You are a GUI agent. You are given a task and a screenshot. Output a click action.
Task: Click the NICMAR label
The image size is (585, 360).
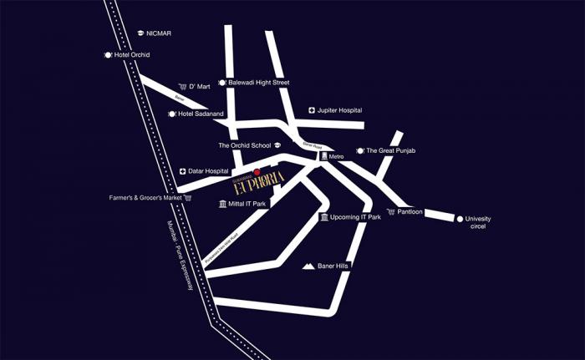click(159, 33)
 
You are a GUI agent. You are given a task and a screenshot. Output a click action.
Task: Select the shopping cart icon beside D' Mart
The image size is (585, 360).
click(181, 86)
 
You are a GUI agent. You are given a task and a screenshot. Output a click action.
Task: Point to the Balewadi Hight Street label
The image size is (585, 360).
click(258, 83)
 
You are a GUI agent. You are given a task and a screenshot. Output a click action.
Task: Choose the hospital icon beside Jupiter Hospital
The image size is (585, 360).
click(311, 110)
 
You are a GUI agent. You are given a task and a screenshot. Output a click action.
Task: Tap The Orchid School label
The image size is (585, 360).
click(245, 145)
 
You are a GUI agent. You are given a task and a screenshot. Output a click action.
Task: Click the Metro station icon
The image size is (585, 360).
click(324, 156)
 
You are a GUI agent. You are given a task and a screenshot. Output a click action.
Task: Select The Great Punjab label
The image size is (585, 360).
click(392, 150)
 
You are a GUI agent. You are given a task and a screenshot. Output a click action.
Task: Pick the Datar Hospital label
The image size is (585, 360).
click(208, 171)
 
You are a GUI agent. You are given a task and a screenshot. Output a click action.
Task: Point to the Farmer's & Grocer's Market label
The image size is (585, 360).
click(145, 198)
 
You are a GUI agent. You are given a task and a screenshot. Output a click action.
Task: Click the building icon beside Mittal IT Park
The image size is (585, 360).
click(221, 204)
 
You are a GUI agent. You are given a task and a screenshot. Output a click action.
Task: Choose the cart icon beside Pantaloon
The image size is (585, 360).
click(390, 212)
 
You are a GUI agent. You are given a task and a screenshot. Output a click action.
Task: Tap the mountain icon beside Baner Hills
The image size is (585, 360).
click(308, 266)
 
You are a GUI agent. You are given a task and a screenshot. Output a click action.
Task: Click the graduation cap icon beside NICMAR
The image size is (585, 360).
click(140, 33)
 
